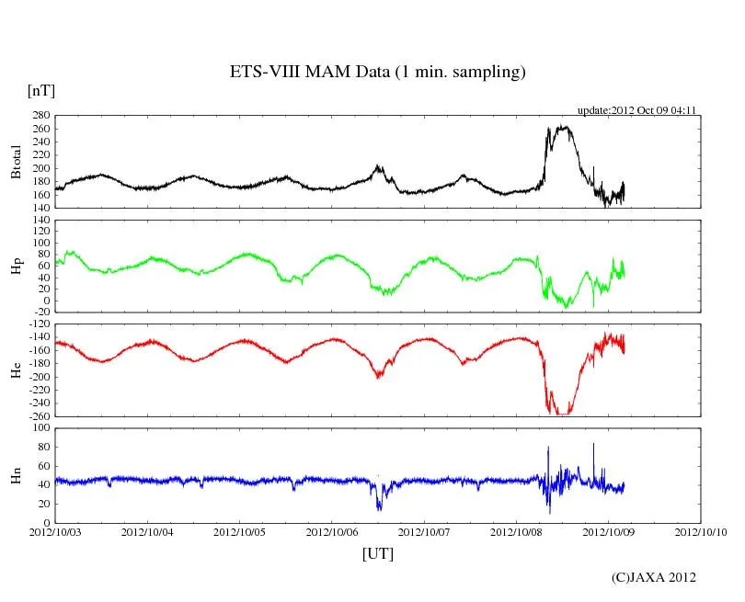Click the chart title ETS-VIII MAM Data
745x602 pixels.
click(377, 73)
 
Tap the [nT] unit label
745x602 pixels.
click(41, 91)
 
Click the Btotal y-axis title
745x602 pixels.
click(16, 162)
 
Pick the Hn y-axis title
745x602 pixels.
click(16, 475)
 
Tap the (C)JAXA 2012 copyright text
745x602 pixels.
click(654, 577)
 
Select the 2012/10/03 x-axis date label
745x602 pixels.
click(55, 531)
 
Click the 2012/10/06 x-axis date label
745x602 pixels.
click(332, 531)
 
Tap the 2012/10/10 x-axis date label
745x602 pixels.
click(701, 531)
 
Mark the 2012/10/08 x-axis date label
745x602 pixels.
click(516, 531)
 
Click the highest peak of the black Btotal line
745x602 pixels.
click(563, 127)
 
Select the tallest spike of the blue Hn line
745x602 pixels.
click(593, 444)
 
